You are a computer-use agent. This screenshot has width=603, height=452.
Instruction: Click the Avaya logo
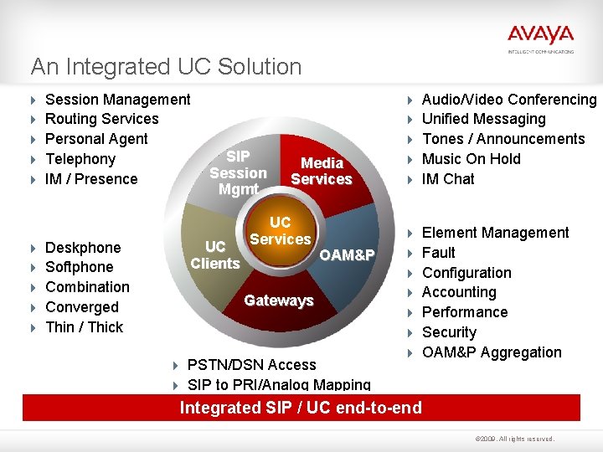pos(540,36)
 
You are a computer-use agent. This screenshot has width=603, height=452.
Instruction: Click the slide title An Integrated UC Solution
pos(166,66)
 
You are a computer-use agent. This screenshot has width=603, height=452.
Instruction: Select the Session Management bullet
pos(117,100)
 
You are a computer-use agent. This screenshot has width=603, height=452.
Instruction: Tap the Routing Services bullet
pos(101,119)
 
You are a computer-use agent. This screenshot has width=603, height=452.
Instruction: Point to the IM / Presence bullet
pos(90,179)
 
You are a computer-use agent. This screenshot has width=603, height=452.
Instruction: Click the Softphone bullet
pos(79,267)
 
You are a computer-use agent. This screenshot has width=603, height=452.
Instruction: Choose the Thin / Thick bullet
pos(84,327)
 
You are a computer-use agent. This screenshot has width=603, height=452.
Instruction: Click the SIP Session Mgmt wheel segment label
pos(238,173)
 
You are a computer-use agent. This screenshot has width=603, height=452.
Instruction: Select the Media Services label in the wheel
pos(322,171)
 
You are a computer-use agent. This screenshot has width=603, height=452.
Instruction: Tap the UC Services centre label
pos(280,231)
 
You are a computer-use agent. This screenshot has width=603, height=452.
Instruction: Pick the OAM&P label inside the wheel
pos(347,255)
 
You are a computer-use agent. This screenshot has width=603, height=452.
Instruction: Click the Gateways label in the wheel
pos(278,300)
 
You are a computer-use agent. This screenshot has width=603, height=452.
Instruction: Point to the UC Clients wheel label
pos(215,255)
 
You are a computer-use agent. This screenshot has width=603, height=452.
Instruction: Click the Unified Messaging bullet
pos(483,119)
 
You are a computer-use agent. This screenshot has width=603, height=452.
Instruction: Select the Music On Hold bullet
pos(471,159)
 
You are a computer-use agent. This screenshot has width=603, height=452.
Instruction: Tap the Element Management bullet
pos(495,233)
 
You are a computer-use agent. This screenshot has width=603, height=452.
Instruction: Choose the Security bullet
pos(449,332)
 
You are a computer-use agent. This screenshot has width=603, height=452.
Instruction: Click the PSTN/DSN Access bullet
pos(251,365)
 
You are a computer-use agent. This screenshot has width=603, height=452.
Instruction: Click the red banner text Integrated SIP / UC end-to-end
pos(301,408)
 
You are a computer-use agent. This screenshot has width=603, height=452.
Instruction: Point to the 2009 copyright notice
pos(513,439)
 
